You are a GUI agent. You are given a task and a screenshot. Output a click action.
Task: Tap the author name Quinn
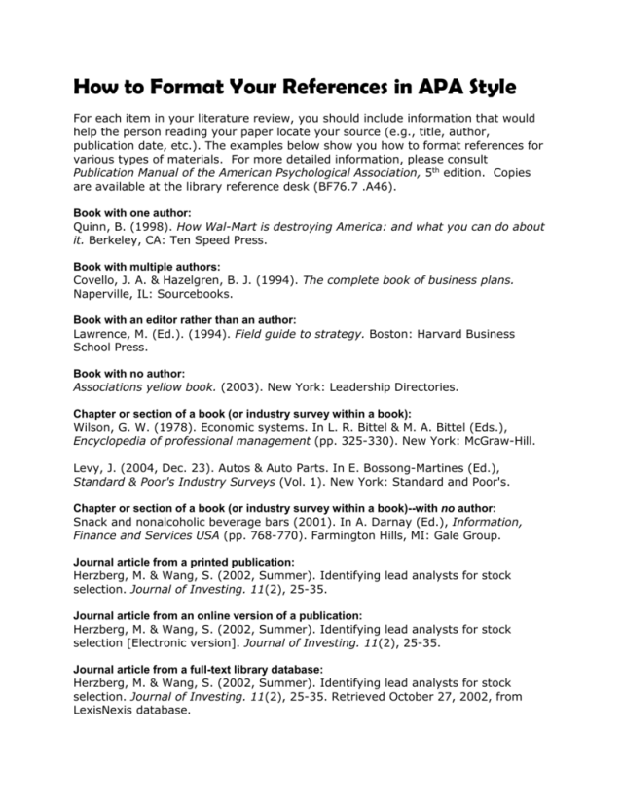coord(92,226)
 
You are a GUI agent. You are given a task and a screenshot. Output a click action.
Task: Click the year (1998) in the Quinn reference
coord(159,226)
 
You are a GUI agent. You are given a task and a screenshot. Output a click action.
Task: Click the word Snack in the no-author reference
coord(93,521)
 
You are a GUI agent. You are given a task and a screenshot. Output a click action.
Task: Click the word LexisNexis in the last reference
coord(112,710)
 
